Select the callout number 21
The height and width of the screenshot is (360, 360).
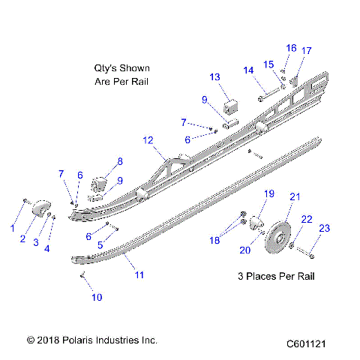tap(295, 196)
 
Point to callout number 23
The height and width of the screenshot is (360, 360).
tap(324, 228)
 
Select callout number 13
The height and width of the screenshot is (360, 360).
tap(214, 77)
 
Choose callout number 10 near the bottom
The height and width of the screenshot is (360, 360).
tap(96, 297)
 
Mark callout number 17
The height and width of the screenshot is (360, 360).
tap(306, 50)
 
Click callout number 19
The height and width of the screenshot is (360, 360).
tap(269, 194)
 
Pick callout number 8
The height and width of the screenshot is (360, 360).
tap(119, 161)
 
